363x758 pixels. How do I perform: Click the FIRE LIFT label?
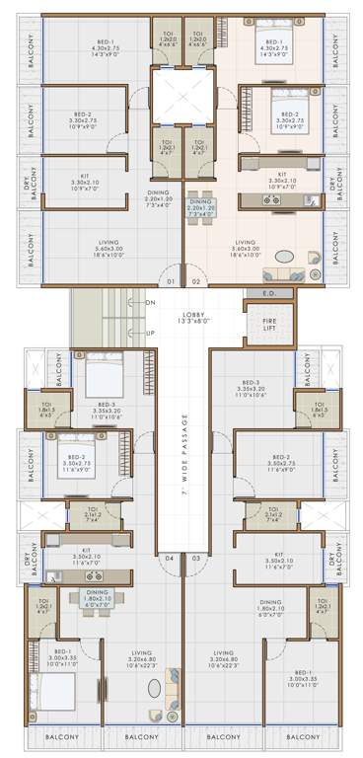(x=268, y=327)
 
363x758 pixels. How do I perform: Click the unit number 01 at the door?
(x=171, y=282)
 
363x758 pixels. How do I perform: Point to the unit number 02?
(x=195, y=282)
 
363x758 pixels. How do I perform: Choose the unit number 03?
(x=195, y=559)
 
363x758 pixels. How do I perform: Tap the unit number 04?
(x=170, y=559)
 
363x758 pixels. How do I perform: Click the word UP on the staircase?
(x=150, y=333)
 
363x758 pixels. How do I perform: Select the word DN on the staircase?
(x=150, y=302)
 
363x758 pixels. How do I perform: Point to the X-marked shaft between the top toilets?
(x=181, y=98)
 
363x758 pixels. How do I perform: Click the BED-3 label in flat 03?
(x=255, y=388)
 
